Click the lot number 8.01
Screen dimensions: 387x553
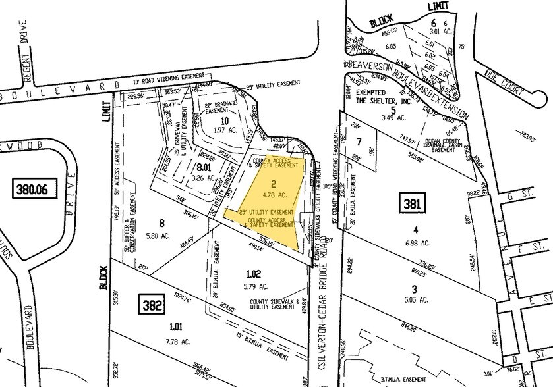(x=204, y=167)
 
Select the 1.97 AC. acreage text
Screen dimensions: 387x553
(x=224, y=131)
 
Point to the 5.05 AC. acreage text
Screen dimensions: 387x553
(x=415, y=299)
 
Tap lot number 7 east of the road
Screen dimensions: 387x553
(x=359, y=142)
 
